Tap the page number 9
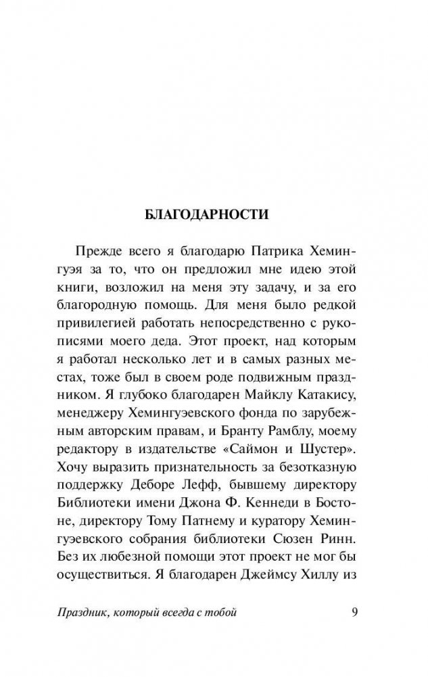(x=357, y=613)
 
